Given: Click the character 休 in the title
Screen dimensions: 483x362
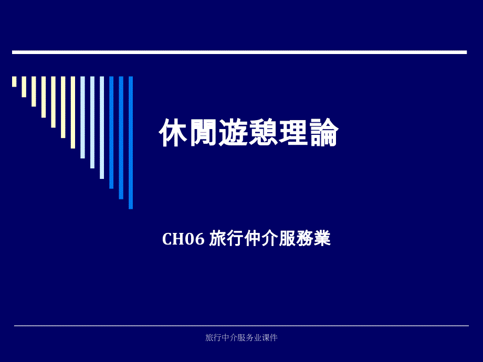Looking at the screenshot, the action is coord(173,132).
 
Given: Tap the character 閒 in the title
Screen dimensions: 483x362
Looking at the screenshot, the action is coord(203,133).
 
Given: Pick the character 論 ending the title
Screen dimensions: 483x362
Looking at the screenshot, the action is coord(324,132).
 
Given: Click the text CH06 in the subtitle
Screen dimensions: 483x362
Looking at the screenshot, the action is coord(183,239).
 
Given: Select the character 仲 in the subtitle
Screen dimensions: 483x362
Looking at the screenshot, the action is coord(253,238).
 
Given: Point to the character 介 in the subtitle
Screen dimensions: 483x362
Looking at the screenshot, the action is coord(270,238).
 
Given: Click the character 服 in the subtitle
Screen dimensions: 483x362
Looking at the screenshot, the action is coord(287,238).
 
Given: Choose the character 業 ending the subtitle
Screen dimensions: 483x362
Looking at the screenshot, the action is coord(322,238).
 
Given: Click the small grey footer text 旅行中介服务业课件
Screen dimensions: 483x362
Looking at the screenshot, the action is coord(241,338).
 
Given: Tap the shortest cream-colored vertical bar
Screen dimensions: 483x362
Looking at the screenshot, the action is coord(14,81).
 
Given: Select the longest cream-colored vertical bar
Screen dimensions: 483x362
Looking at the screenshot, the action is coord(72,112).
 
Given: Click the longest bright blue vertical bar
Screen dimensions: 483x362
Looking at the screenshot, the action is coord(131,143).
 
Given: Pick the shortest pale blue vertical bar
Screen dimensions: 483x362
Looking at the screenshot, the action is coord(82,118).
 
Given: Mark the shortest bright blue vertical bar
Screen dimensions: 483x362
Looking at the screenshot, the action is coord(111,132).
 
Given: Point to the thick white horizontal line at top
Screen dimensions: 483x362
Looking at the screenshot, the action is coord(239,52).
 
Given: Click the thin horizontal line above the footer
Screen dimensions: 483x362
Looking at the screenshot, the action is coord(241,325).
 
